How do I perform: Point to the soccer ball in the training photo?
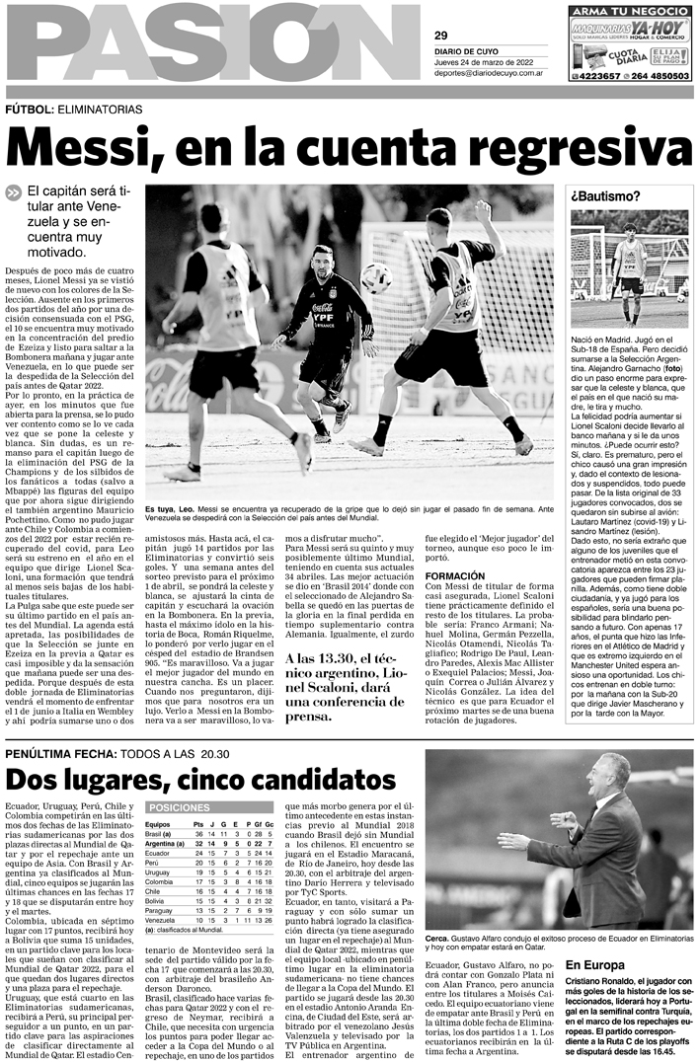pos(376,278)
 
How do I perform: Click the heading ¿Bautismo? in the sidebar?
pos(604,195)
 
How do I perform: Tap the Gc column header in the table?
pos(269,823)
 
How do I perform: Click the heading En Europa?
pos(594,963)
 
